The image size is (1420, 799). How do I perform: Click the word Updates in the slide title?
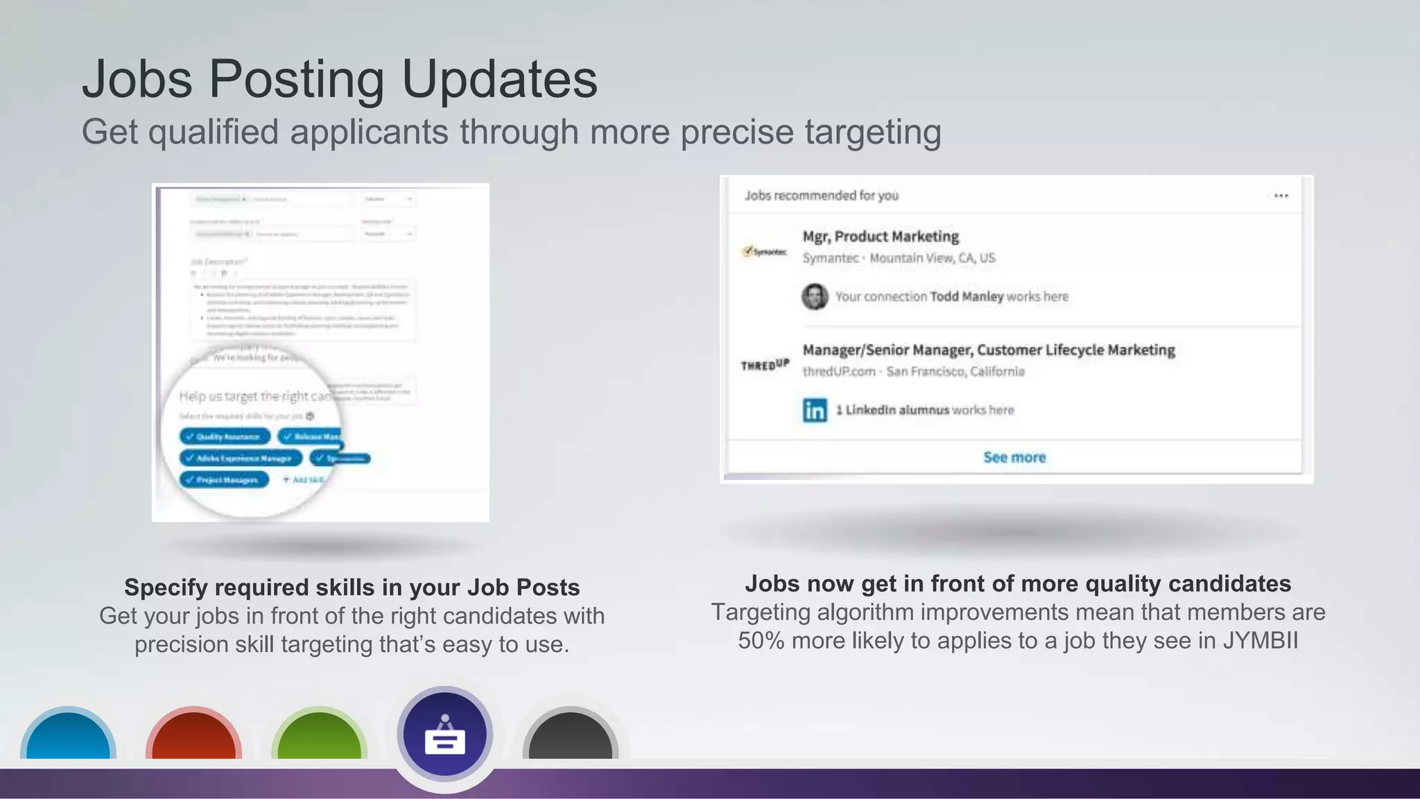(499, 79)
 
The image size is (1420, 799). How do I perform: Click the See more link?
(1014, 457)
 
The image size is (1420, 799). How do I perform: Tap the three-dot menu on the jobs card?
(1281, 196)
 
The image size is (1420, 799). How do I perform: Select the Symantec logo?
(765, 251)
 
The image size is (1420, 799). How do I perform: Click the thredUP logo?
(765, 365)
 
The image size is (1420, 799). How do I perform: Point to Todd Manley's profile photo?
(815, 297)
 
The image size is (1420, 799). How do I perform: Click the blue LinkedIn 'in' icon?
(815, 410)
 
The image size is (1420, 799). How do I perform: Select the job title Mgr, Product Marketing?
(881, 237)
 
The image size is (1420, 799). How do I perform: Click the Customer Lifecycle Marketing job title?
(989, 350)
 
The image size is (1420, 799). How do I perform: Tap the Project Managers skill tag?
(224, 479)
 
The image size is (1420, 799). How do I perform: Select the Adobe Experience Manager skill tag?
(241, 458)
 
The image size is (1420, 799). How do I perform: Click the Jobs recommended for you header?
(822, 196)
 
